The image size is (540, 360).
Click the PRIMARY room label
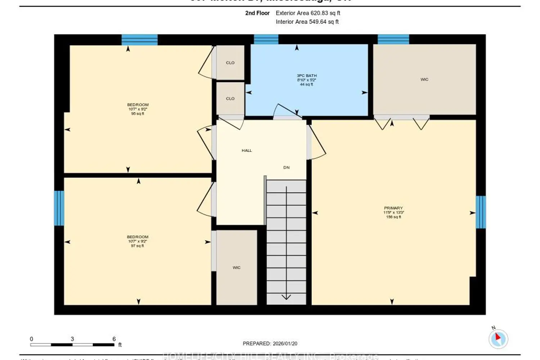pos(393,208)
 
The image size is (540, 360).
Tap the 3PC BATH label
pos(307,76)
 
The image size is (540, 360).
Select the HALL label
pos(247,150)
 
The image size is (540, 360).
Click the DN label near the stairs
pos(286,167)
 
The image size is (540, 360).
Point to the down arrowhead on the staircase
pos(286,297)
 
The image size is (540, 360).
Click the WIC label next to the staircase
pos(237,267)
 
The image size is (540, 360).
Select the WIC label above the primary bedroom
pos(424,79)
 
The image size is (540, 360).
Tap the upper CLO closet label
pos(230,63)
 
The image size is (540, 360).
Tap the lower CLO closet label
pos(230,99)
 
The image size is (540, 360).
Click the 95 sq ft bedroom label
pos(138,109)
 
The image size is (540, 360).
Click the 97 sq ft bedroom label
pos(138,241)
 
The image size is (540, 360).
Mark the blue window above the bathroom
pos(266,39)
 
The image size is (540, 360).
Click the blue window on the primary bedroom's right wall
pos(481,212)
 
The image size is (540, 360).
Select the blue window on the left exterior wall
pos(59,208)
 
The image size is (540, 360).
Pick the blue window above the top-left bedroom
pos(139,40)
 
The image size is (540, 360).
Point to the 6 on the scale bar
pos(114,339)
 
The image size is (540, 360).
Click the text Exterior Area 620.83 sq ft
pos(308,13)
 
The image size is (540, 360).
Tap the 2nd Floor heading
pos(257,13)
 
